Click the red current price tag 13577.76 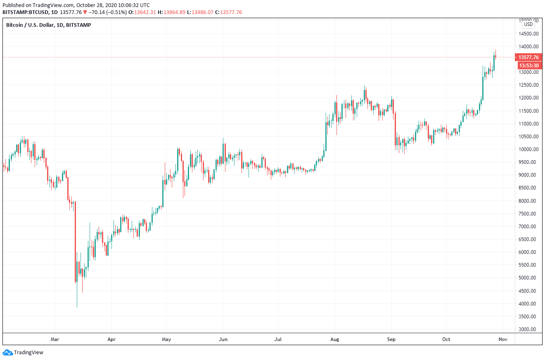click(x=528, y=57)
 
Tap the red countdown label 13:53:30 click(x=528, y=65)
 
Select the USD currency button click(x=528, y=24)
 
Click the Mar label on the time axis click(x=54, y=339)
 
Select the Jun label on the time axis click(x=223, y=339)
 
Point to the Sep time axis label click(x=391, y=339)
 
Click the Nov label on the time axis click(x=502, y=339)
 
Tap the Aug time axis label click(x=335, y=339)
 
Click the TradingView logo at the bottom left click(x=23, y=353)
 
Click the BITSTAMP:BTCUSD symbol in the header click(x=26, y=12)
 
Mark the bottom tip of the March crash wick click(x=77, y=308)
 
